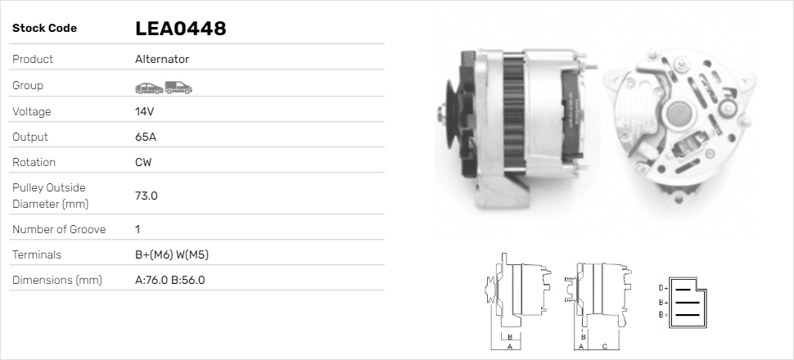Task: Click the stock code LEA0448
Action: pos(180,29)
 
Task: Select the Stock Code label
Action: pos(44,29)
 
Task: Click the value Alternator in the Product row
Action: pos(162,60)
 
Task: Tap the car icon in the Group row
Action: pos(148,87)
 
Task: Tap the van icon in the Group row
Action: pos(178,87)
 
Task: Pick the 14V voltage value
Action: pos(145,111)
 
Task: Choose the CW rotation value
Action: pos(143,162)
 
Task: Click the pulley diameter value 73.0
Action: pos(147,196)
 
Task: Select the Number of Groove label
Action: pos(59,230)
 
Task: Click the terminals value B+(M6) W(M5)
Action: pos(172,255)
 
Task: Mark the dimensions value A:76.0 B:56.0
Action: pos(169,281)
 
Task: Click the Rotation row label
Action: pos(35,162)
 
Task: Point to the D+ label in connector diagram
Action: pos(663,288)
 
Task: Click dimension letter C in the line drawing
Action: pos(604,346)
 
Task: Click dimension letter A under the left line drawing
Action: pos(509,346)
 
